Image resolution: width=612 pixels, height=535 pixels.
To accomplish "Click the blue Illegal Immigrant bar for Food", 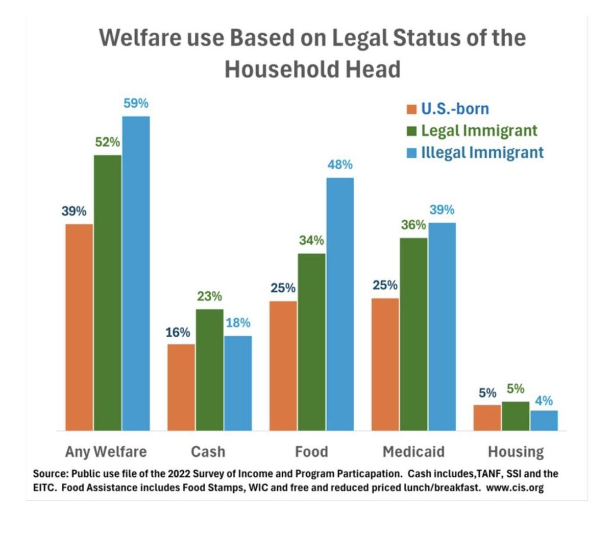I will point(340,304).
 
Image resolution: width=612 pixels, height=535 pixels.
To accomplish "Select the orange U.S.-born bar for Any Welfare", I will point(79,327).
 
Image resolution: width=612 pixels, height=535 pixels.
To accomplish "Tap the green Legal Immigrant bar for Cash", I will point(209,369).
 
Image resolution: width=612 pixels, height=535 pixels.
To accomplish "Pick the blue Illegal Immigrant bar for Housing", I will point(544,420).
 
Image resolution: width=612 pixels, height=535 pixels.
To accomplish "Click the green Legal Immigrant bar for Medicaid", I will point(413,334).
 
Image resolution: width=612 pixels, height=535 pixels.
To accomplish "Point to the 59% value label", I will point(136,103).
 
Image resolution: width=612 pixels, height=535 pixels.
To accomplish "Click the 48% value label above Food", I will point(340,165).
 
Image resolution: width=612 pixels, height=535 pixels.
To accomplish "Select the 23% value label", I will point(209,296).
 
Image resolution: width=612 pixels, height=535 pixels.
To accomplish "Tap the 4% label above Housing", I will point(544,401).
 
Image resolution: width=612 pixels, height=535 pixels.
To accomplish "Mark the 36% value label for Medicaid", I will point(413,225).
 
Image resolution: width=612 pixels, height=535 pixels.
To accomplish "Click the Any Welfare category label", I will point(106,452).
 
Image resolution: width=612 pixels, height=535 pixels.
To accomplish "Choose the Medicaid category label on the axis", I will point(413,452).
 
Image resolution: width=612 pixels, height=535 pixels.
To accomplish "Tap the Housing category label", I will point(516,452).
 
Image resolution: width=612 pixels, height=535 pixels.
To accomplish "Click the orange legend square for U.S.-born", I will point(411,109).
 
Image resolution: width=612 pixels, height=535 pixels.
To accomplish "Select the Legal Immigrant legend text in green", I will point(479,131).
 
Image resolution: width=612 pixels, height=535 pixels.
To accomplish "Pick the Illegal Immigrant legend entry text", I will point(482,153).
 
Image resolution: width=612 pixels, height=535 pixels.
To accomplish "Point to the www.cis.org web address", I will point(515,487).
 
